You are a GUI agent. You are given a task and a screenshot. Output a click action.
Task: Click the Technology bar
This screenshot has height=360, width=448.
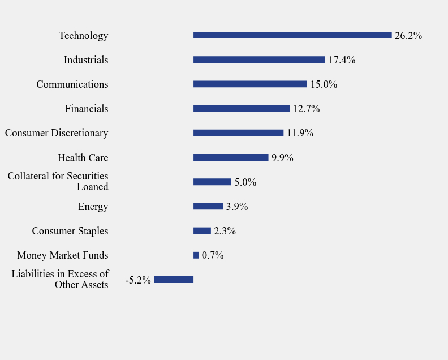pos(292,35)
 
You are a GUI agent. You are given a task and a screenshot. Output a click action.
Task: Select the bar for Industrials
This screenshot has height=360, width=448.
pos(259,59)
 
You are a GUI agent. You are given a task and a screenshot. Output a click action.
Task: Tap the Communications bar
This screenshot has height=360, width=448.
pos(250,84)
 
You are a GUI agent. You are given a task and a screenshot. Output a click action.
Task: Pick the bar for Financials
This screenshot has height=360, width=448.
pos(242,108)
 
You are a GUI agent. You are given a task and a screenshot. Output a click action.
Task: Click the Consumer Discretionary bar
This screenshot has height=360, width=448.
pos(238,133)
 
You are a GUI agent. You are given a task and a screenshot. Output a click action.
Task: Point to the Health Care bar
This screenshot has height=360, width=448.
pos(231,157)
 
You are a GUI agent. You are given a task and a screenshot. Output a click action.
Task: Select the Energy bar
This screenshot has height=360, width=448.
pos(208,206)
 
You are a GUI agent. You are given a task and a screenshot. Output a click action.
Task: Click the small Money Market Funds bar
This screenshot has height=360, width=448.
pos(196,255)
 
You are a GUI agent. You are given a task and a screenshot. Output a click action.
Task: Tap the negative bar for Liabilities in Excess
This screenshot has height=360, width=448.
pos(174,280)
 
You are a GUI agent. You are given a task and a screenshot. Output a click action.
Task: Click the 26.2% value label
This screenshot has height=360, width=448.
pos(408,36)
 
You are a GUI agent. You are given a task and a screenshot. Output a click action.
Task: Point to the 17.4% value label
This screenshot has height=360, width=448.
pos(342,60)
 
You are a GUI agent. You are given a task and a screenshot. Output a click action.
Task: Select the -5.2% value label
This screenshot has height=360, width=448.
pos(138,280)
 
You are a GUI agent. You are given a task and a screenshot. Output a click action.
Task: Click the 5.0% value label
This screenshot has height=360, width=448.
pos(245,182)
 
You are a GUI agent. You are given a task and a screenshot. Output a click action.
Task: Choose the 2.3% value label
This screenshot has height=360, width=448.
pos(225,231)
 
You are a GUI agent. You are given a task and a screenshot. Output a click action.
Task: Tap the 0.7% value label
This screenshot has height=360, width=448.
pos(213,255)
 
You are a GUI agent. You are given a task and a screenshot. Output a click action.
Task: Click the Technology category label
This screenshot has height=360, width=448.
pos(83,36)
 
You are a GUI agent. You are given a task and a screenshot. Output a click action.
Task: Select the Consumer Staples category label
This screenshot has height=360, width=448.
pos(70,231)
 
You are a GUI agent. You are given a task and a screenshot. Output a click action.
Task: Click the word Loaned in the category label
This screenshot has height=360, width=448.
pos(92,187)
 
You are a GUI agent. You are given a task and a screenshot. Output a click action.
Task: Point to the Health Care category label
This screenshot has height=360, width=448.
pos(83,158)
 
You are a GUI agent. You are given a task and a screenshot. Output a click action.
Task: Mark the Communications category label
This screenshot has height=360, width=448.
pos(72,84)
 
